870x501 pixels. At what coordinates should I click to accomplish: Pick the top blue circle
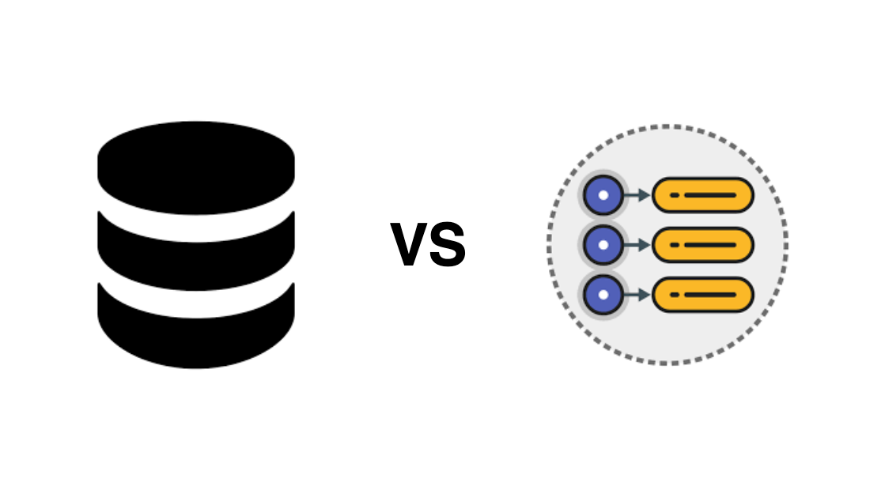pyautogui.click(x=603, y=194)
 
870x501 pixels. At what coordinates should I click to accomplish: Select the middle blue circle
pyautogui.click(x=603, y=245)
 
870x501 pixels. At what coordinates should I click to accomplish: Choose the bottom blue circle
pyautogui.click(x=603, y=295)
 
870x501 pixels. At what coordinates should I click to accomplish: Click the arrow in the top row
pyautogui.click(x=637, y=194)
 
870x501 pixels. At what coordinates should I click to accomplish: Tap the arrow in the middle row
pyautogui.click(x=637, y=245)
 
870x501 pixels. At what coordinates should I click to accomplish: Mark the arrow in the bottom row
pyautogui.click(x=637, y=295)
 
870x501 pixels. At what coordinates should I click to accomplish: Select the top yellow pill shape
pyautogui.click(x=702, y=194)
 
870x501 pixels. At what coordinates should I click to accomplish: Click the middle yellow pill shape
pyautogui.click(x=702, y=245)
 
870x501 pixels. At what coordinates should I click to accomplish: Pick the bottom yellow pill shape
pyautogui.click(x=702, y=295)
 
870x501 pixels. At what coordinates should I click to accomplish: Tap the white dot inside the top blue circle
pyautogui.click(x=603, y=194)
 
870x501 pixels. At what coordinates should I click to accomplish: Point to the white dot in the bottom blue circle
pyautogui.click(x=603, y=295)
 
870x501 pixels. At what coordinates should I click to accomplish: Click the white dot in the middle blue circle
pyautogui.click(x=603, y=245)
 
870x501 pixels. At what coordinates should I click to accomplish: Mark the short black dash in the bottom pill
pyautogui.click(x=675, y=295)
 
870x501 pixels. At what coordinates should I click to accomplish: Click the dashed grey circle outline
pyautogui.click(x=668, y=126)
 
